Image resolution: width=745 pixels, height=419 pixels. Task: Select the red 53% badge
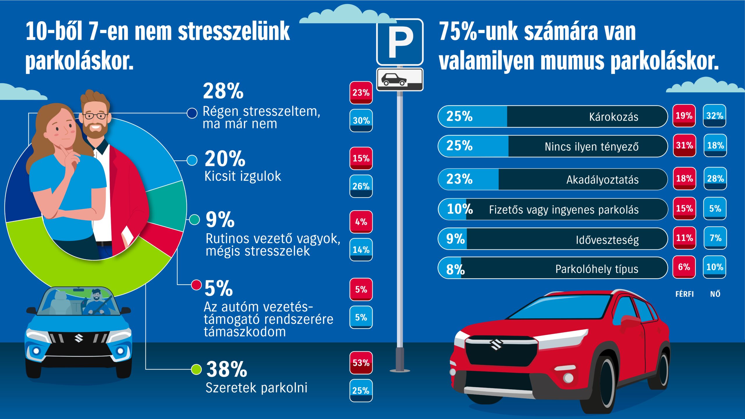361,363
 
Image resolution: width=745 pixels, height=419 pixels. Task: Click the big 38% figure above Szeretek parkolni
226,369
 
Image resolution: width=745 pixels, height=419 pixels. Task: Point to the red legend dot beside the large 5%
196,285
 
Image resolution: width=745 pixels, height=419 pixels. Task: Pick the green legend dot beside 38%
196,369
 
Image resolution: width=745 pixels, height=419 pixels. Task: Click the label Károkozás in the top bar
613,117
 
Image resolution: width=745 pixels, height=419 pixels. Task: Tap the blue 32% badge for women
714,116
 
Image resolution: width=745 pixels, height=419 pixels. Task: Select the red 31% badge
684,145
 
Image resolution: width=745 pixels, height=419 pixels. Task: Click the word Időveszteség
607,240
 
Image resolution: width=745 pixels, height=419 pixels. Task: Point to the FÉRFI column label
684,294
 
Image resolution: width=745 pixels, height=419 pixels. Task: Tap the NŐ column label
715,294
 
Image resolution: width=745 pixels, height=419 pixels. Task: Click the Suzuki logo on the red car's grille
496,345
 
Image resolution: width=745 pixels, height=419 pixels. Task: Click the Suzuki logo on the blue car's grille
79,338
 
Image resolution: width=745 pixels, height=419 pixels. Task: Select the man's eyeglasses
95,116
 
